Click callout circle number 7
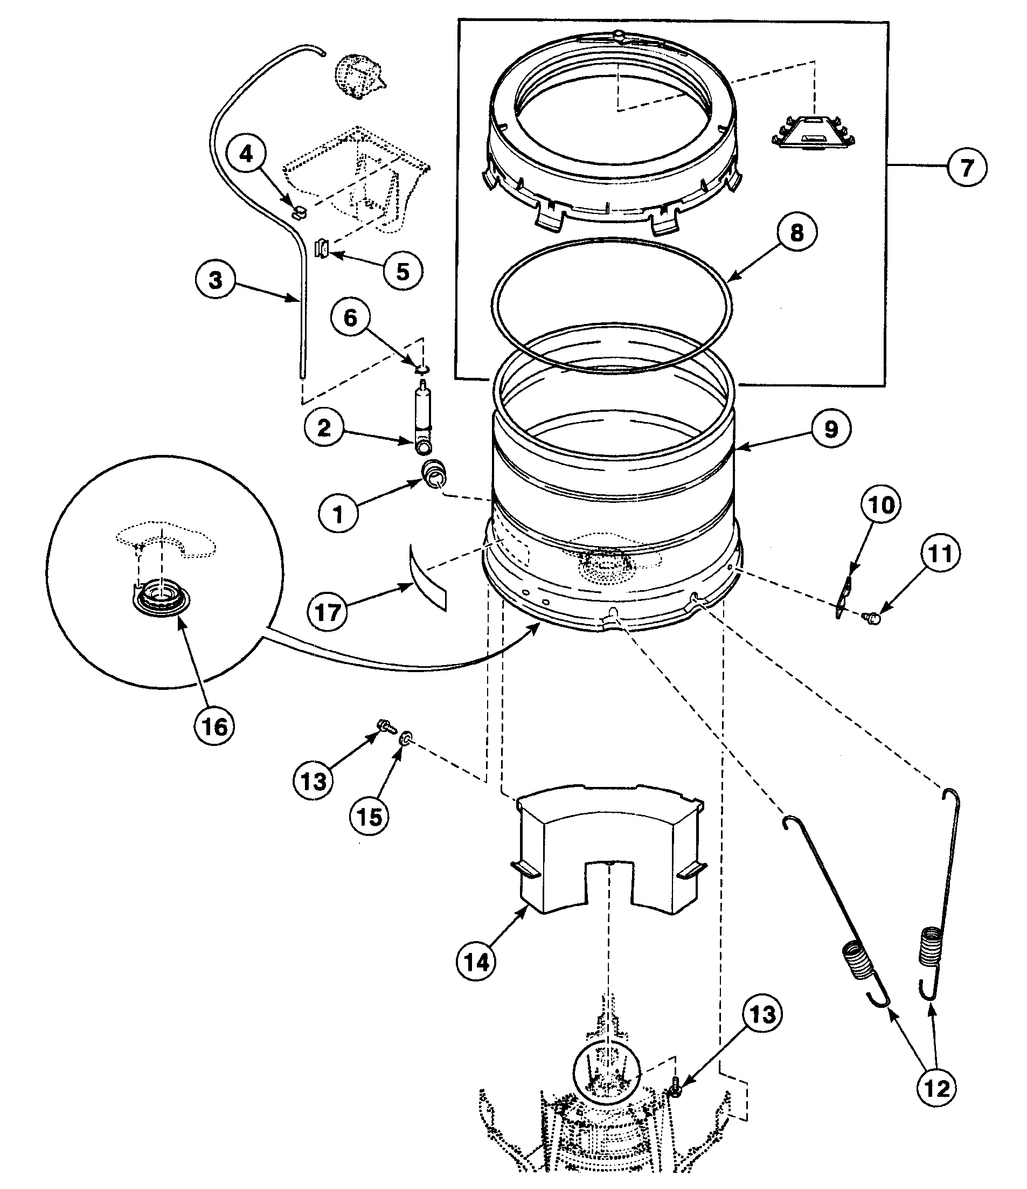967,167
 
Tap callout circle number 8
797,232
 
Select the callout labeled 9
831,428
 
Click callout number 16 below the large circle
214,727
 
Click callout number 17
328,612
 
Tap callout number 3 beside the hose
214,281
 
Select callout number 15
369,816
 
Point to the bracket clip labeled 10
843,597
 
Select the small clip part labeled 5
322,250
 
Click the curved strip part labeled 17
427,578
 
